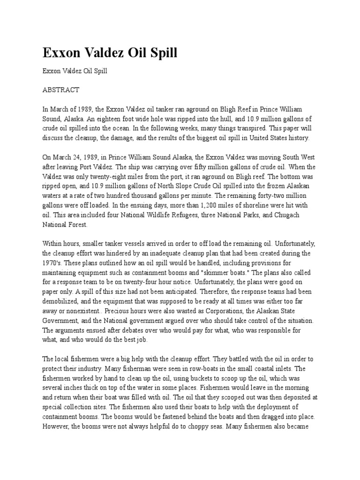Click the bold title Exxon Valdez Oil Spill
(x=110, y=52)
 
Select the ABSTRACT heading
(x=61, y=90)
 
